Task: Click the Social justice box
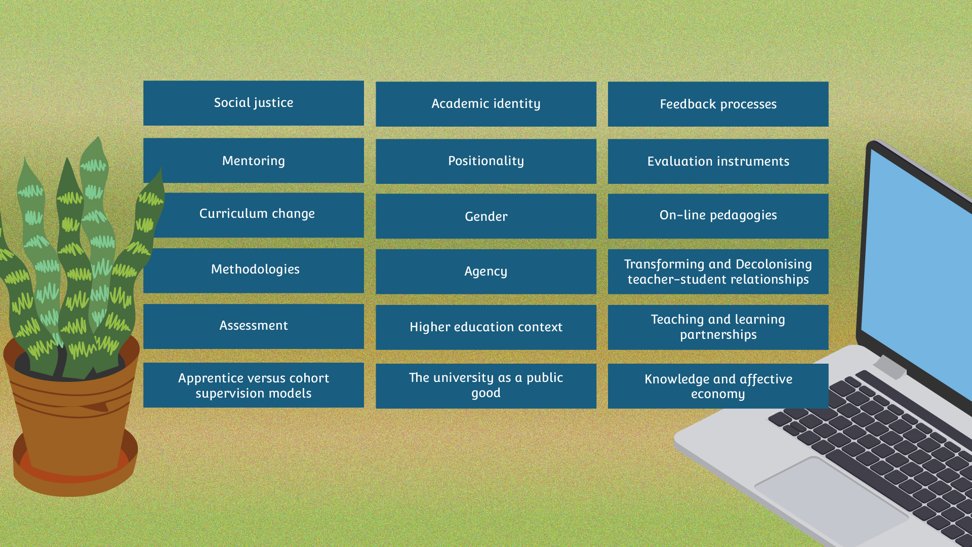pos(254,103)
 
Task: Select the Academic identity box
pos(486,104)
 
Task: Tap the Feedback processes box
pos(718,104)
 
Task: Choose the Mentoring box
pos(254,161)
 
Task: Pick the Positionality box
pos(486,162)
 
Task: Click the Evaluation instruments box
pos(718,162)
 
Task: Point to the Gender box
pos(486,216)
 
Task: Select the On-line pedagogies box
pos(718,216)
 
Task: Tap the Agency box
pos(486,271)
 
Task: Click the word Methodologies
pos(255,269)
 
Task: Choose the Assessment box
pos(254,326)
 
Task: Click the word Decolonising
pos(774,264)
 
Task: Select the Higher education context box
pos(486,327)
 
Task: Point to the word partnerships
pos(718,335)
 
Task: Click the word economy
pos(718,394)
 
